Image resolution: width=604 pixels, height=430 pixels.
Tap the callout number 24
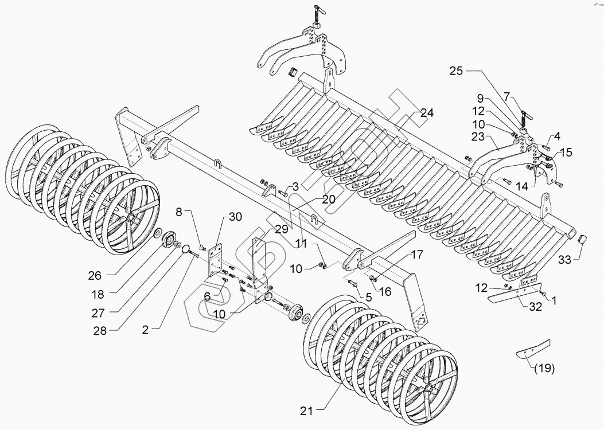click(427, 112)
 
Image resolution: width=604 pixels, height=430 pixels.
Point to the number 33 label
click(565, 260)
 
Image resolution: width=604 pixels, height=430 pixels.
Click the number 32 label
click(535, 306)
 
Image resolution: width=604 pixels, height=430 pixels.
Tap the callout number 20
click(328, 200)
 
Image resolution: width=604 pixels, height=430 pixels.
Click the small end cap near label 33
click(582, 239)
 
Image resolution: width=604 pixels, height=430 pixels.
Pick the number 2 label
click(146, 329)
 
